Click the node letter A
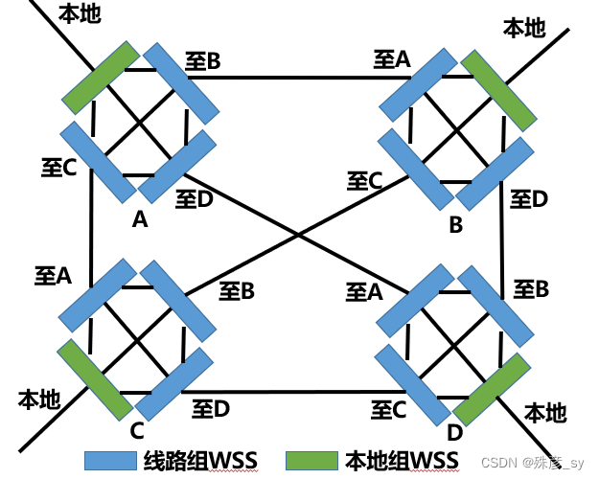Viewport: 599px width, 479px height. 140,220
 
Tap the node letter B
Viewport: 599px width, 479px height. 456,226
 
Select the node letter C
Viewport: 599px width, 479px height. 137,430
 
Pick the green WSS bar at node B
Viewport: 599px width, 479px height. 497,92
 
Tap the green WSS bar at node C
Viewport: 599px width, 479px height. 95,378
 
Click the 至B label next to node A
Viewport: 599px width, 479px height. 203,62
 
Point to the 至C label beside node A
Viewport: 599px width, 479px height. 58,169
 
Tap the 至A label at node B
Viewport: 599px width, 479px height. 392,60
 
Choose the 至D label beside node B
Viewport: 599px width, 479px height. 528,199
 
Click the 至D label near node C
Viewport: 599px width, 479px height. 211,409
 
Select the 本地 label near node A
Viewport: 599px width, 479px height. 79,14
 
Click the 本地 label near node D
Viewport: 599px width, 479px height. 545,413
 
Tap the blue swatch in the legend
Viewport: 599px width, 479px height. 112,460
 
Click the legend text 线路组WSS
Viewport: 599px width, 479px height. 197,460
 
